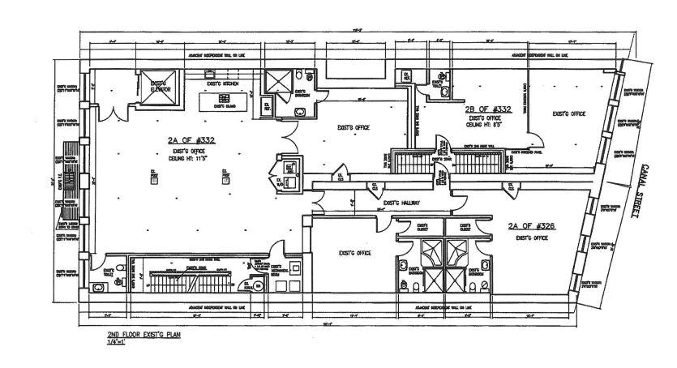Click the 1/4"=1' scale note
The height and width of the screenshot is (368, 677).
(118, 342)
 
